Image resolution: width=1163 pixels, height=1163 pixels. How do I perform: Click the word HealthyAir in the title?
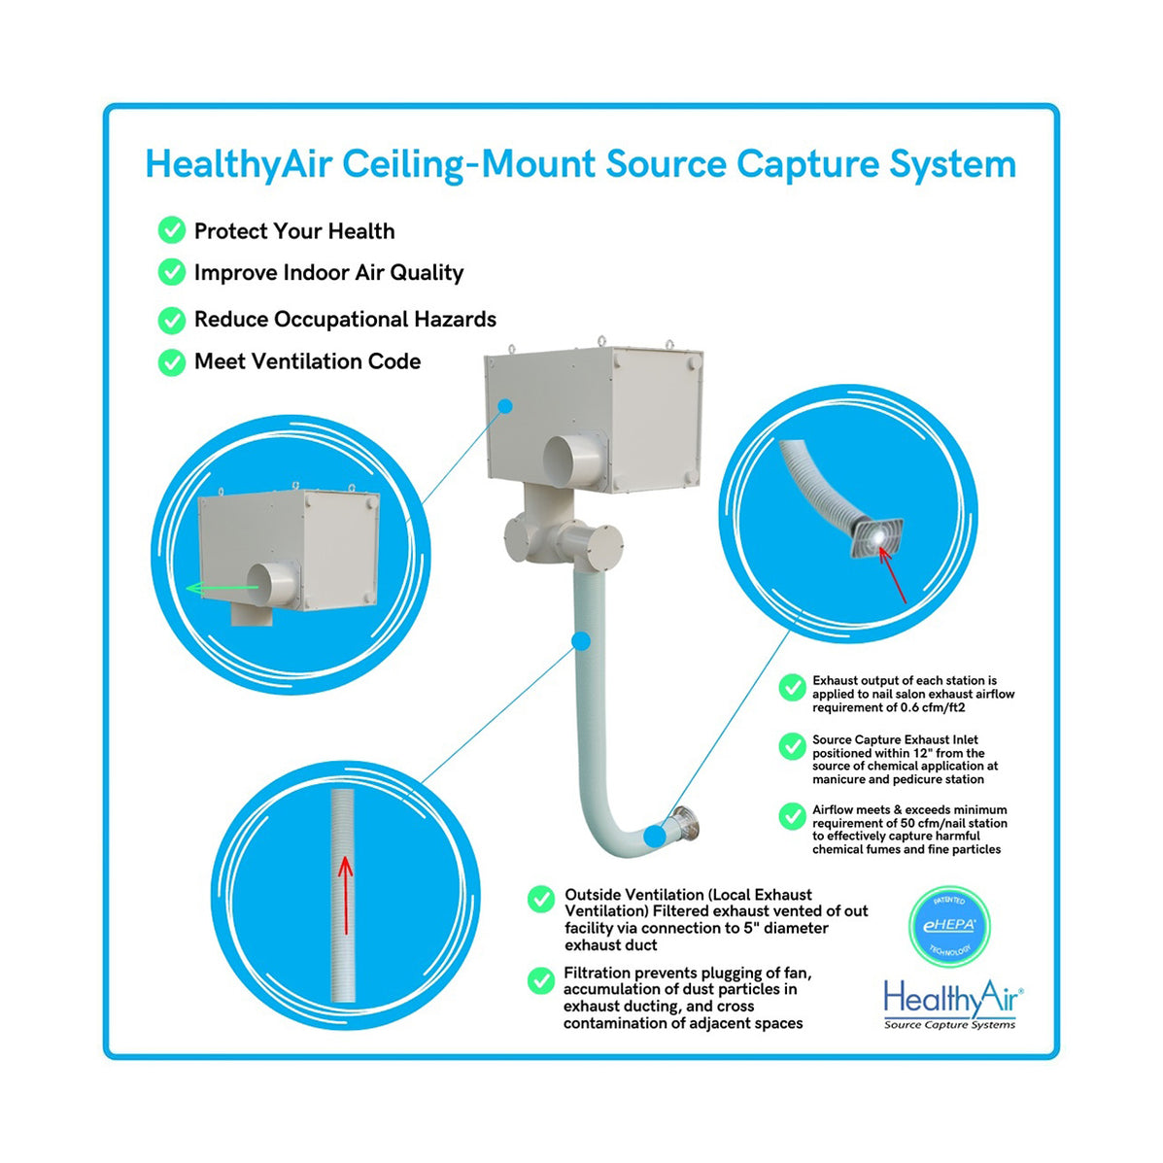(237, 164)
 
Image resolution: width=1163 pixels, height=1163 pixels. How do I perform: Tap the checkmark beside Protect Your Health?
(172, 230)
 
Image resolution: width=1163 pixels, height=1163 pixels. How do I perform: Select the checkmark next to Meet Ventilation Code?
(172, 361)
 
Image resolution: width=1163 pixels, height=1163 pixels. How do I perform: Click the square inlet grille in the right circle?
(875, 537)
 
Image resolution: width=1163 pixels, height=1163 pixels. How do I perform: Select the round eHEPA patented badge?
(948, 925)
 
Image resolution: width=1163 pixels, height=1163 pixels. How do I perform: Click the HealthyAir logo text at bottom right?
(951, 998)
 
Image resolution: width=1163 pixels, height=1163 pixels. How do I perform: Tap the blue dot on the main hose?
(580, 640)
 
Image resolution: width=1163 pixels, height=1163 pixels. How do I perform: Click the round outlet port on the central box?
(573, 462)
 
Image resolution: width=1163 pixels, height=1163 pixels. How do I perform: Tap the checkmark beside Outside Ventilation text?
(541, 900)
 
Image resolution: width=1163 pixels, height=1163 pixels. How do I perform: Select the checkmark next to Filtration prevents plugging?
(541, 980)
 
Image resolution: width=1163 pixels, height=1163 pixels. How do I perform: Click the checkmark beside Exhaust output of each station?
(792, 688)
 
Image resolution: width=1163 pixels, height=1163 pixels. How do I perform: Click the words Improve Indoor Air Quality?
(328, 273)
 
